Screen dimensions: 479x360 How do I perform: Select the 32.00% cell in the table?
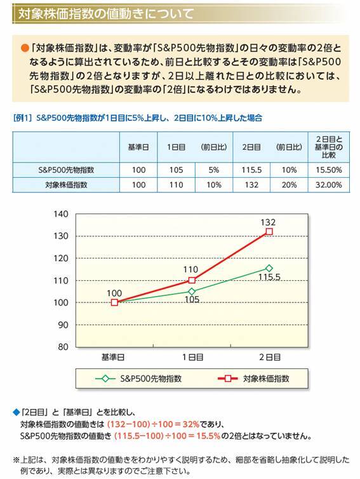(328, 185)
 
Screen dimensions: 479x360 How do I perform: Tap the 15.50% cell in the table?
(328, 170)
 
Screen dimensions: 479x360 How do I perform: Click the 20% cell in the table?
(289, 185)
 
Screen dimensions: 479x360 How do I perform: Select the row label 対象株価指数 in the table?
(67, 185)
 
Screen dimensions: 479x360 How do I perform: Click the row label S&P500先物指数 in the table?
(67, 170)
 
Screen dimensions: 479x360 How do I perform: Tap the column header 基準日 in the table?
(138, 146)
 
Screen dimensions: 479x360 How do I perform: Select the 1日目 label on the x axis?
(192, 358)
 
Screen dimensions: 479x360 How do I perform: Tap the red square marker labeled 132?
(269, 232)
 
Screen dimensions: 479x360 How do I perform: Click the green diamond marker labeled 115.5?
(269, 268)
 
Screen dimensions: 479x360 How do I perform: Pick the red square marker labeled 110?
(192, 280)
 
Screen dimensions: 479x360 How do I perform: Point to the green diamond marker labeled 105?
(192, 292)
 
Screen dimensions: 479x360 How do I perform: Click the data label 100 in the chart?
(114, 293)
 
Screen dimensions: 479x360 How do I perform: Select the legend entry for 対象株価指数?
(254, 379)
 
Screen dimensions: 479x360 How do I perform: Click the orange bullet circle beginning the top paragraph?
(25, 48)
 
